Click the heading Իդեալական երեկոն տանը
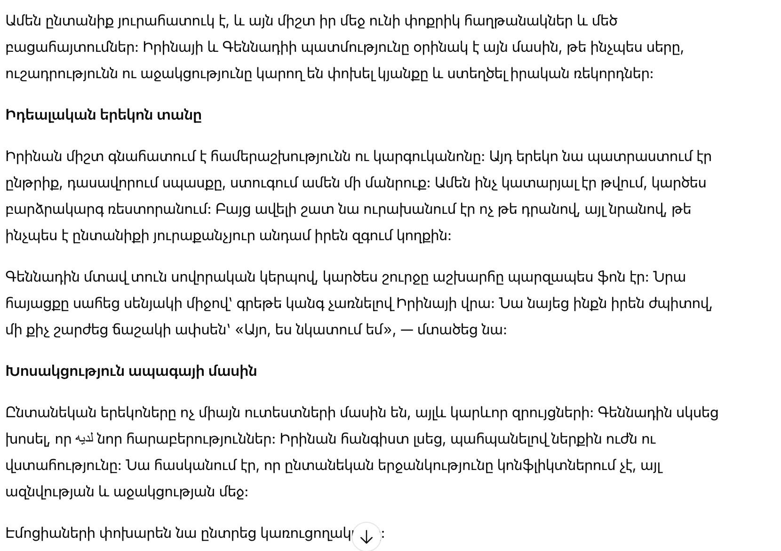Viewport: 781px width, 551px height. click(x=103, y=115)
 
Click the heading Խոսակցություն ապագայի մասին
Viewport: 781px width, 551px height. click(x=131, y=372)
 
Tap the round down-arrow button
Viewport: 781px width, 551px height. click(x=366, y=536)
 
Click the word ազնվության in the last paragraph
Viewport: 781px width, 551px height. click(x=49, y=492)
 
